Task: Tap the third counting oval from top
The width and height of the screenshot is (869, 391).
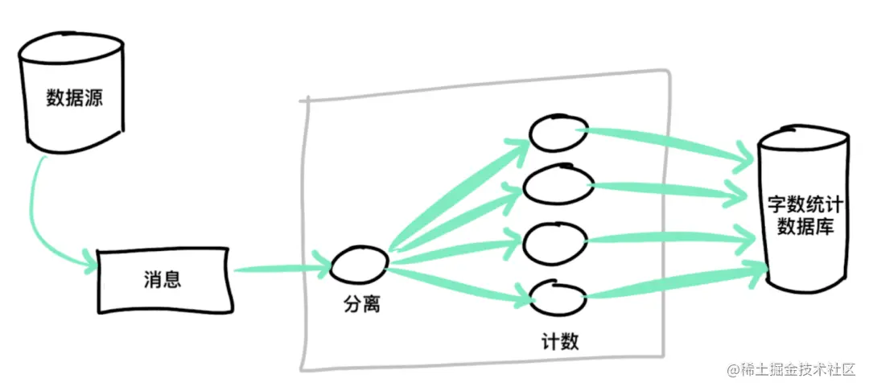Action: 555,239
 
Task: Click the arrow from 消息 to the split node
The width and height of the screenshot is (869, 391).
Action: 282,269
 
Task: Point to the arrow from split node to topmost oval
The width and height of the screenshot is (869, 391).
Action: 459,193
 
